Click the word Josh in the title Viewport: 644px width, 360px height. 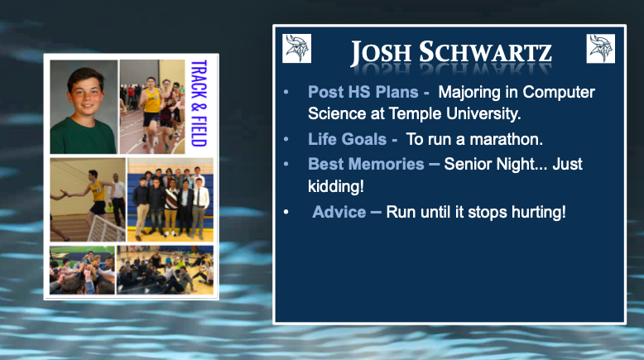coord(378,53)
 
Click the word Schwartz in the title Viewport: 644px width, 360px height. coord(483,53)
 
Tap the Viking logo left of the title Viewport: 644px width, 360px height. coord(297,48)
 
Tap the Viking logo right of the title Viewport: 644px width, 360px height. coord(601,48)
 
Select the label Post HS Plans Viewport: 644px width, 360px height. coord(363,92)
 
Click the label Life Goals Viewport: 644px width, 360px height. coord(347,139)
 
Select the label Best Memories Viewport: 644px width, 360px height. coord(366,164)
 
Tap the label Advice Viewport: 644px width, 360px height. coord(339,212)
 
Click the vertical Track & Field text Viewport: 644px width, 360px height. coord(197,103)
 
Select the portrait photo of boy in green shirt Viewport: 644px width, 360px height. coord(84,106)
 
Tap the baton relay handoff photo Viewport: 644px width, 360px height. coord(87,199)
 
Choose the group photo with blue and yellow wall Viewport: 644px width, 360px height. coord(170,199)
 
